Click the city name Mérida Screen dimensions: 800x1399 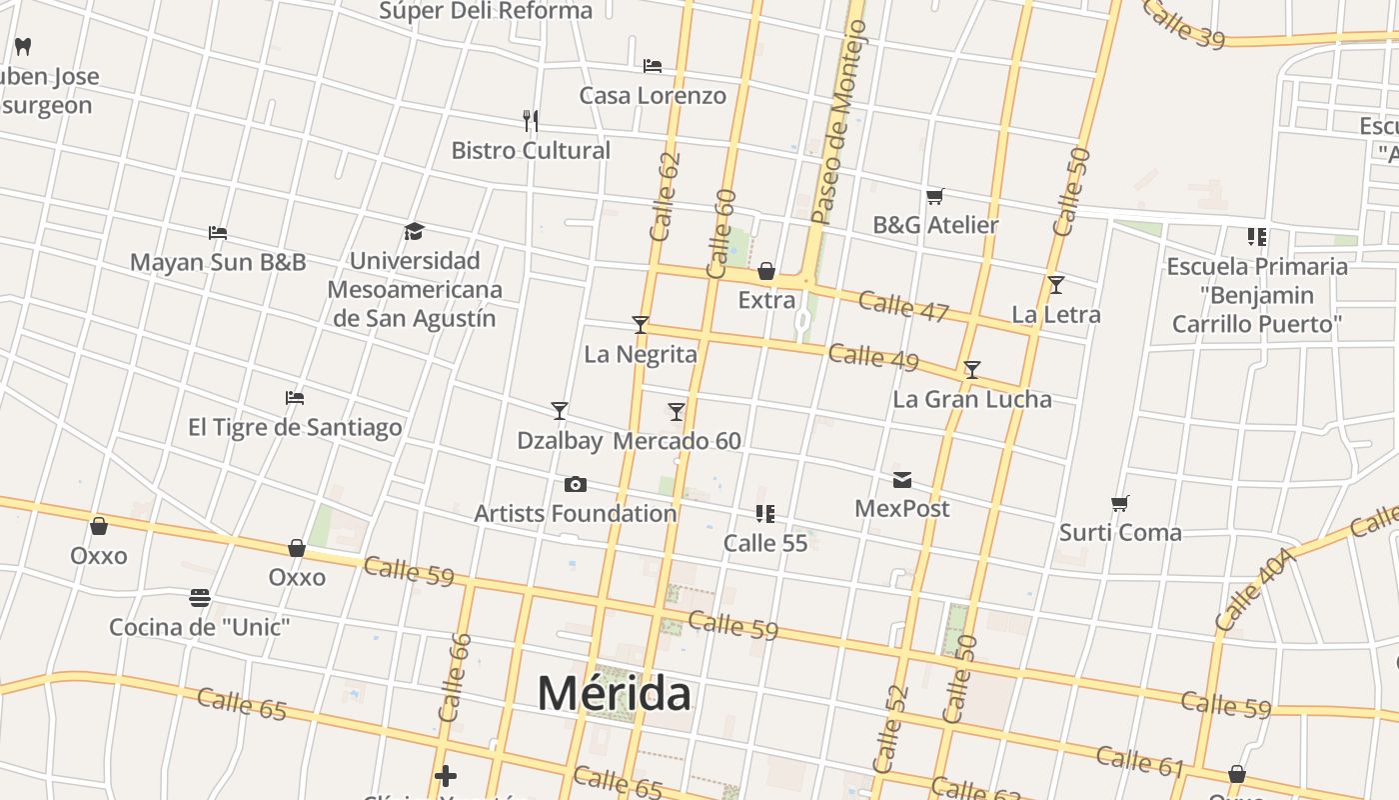point(614,693)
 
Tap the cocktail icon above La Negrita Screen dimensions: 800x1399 point(641,325)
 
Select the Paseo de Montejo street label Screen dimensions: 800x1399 point(839,122)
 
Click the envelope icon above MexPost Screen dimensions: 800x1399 point(902,480)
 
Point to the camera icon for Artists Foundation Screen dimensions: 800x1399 point(576,485)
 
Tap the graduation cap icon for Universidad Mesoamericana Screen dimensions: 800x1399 point(415,232)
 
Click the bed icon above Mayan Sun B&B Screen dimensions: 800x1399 point(218,233)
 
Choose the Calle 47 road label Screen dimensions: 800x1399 point(902,306)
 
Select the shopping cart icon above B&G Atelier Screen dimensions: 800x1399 point(935,196)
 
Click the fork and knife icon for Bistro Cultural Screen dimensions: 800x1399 point(531,121)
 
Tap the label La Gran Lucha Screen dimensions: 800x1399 point(971,399)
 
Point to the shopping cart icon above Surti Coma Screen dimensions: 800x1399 point(1120,503)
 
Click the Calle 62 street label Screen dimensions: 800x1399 point(665,197)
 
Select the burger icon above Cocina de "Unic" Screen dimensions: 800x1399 point(200,598)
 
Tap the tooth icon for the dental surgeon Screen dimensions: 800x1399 point(24,46)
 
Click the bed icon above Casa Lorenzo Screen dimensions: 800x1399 point(653,66)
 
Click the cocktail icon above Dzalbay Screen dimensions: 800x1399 point(560,411)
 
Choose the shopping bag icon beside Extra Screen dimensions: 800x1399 point(766,271)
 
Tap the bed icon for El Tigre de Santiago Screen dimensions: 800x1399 point(295,398)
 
